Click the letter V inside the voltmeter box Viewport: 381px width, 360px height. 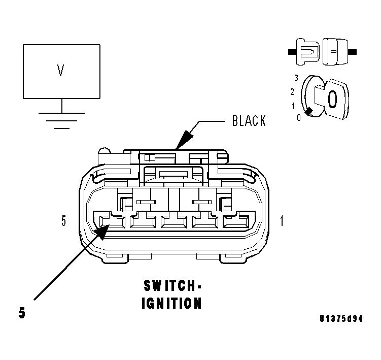pyautogui.click(x=60, y=71)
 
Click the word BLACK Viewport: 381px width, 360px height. pyautogui.click(x=249, y=121)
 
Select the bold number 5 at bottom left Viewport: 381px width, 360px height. pyautogui.click(x=22, y=313)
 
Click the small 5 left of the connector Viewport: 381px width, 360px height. pyautogui.click(x=63, y=221)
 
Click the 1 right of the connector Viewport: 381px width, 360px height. pyautogui.click(x=283, y=221)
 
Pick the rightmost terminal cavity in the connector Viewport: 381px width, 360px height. pyautogui.click(x=236, y=222)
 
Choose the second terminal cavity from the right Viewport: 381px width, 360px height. pyautogui.click(x=205, y=222)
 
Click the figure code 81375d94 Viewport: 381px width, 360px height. pyautogui.click(x=341, y=319)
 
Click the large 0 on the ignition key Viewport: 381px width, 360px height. pyautogui.click(x=332, y=99)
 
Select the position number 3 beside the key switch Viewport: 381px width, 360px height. pyautogui.click(x=296, y=78)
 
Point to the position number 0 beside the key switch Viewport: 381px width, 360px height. pyautogui.click(x=299, y=117)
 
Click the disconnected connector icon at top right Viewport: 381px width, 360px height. pyautogui.click(x=322, y=52)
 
